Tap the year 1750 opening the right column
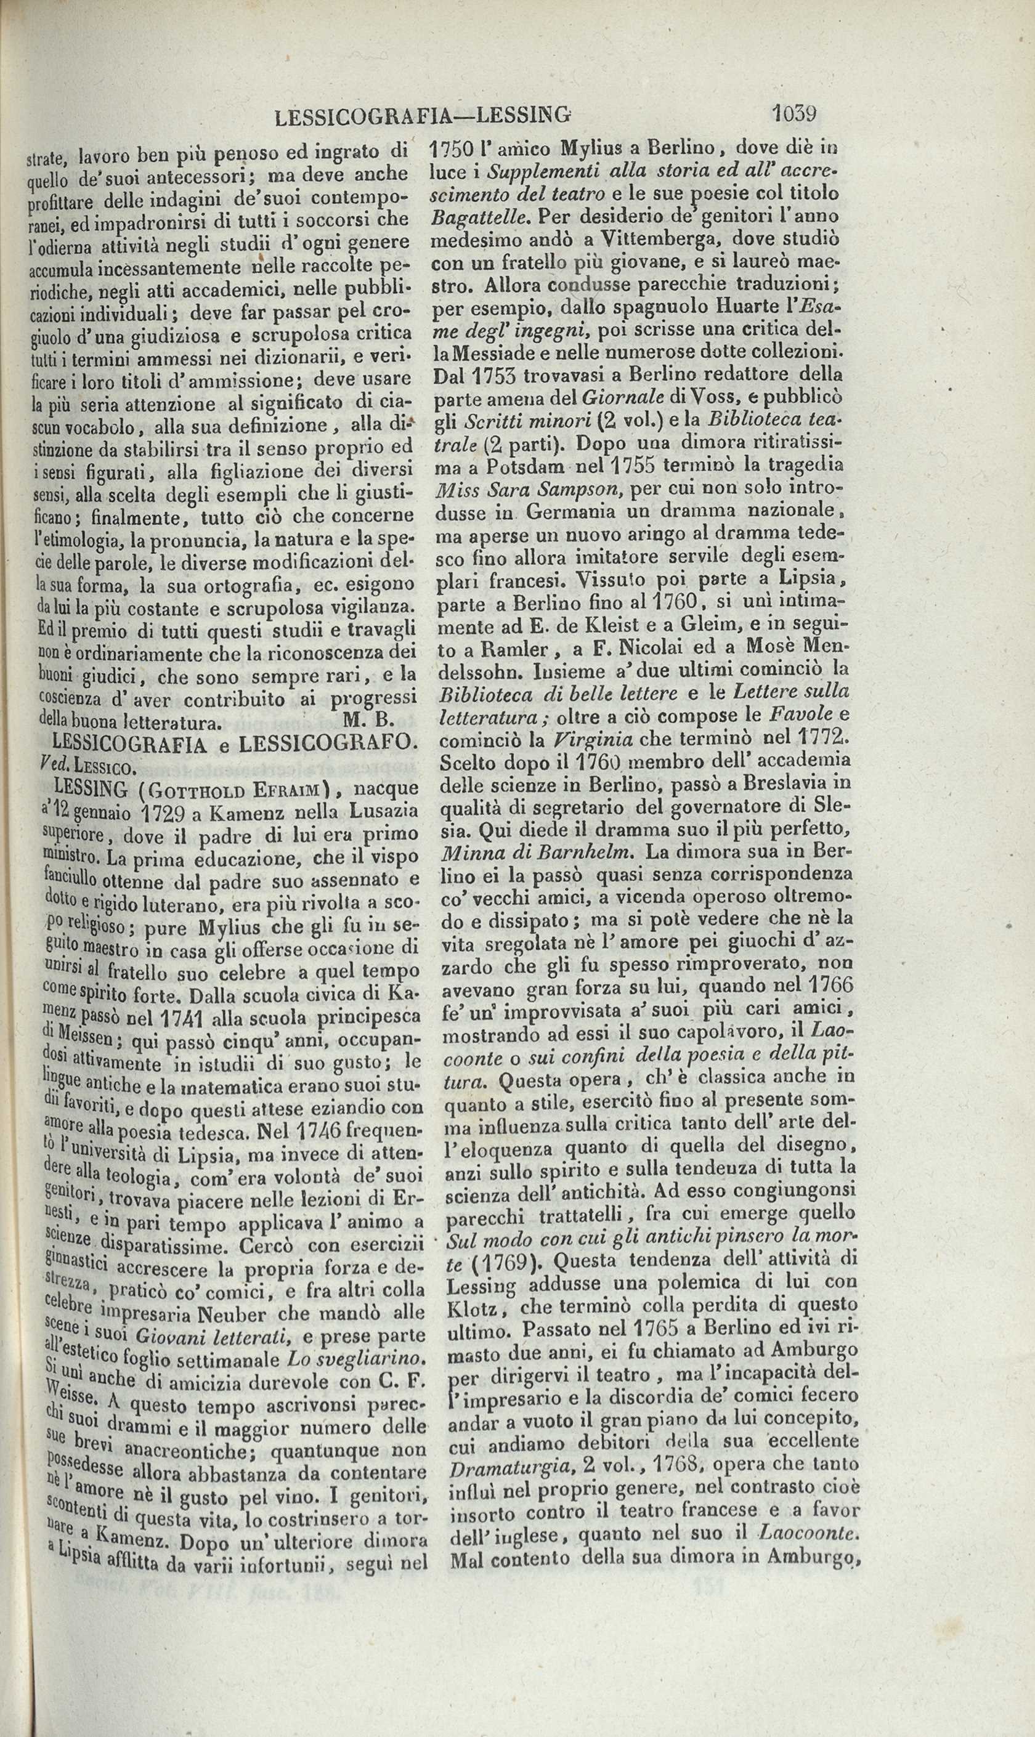[453, 148]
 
